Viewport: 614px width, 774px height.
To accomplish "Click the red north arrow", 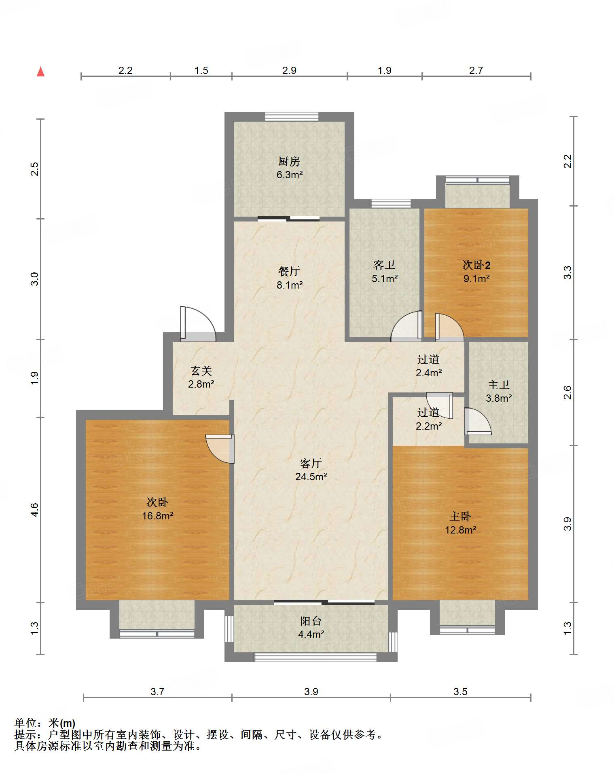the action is click(40, 72).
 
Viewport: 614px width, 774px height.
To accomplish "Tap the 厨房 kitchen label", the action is click(289, 162).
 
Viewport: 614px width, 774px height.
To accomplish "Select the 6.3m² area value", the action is click(290, 175).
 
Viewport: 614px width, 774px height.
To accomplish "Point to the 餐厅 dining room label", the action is click(289, 271).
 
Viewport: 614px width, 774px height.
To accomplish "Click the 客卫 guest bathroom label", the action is click(384, 265).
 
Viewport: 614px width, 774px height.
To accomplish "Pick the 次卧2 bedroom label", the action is click(476, 265).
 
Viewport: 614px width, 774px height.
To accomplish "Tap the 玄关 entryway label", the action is click(201, 371).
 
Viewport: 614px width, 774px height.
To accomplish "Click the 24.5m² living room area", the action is click(311, 477).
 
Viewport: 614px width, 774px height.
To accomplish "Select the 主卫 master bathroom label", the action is click(498, 385).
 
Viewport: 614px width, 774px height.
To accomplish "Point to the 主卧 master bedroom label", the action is click(460, 517).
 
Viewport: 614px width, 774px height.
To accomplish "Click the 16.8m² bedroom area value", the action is click(158, 516).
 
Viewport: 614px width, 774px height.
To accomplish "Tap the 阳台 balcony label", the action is click(311, 621).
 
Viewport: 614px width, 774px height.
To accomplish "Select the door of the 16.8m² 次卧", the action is click(220, 449).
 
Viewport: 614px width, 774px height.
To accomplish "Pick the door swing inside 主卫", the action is click(478, 421).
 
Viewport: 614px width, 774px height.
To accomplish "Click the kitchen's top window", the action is click(292, 116).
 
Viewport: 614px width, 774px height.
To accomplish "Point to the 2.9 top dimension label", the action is click(289, 70).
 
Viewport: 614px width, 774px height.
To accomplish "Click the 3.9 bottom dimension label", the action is click(311, 692).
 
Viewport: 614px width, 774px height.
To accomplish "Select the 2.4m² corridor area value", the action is click(429, 373).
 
